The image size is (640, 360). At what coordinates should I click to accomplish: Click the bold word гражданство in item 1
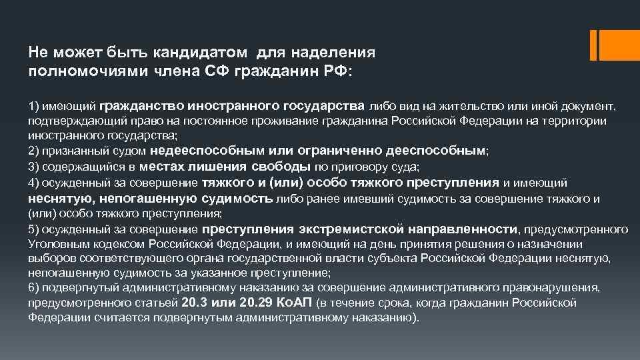(142, 105)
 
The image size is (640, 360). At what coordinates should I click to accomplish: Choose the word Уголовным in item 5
(55, 243)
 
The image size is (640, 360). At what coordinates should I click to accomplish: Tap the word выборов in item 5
(47, 258)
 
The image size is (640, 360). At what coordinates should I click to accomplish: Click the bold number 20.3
(194, 302)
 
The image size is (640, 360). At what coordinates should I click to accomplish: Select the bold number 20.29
(256, 302)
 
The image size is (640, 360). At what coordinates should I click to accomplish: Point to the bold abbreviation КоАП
(295, 302)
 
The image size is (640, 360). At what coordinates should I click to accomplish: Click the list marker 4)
(35, 182)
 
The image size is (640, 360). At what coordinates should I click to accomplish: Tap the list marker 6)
(35, 287)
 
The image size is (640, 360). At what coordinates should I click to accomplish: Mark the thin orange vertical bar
(594, 44)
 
